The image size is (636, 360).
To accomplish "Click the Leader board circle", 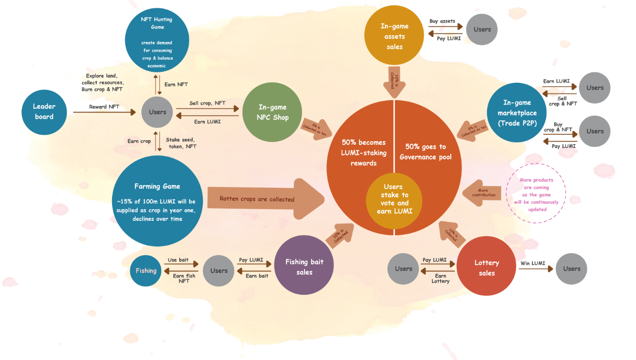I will click(44, 112).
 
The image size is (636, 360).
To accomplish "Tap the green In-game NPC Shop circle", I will click(273, 112).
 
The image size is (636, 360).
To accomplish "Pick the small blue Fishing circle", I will click(146, 271).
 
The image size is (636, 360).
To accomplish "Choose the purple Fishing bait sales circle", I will click(304, 267).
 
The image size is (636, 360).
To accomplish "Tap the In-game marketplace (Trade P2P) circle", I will click(517, 113).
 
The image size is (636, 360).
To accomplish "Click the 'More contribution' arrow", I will click(483, 193).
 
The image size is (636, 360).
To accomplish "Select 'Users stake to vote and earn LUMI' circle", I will click(393, 199).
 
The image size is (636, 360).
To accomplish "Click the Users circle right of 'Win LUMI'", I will click(572, 269).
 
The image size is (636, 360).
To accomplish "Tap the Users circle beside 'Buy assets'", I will click(482, 29).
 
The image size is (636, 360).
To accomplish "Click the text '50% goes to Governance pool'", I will click(425, 152).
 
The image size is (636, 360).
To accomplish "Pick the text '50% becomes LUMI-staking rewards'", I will click(363, 153).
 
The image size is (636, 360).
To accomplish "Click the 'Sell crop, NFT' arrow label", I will click(207, 103).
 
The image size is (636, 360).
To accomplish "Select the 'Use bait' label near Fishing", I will click(178, 260).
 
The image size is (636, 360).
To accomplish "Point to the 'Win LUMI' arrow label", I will click(532, 263).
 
